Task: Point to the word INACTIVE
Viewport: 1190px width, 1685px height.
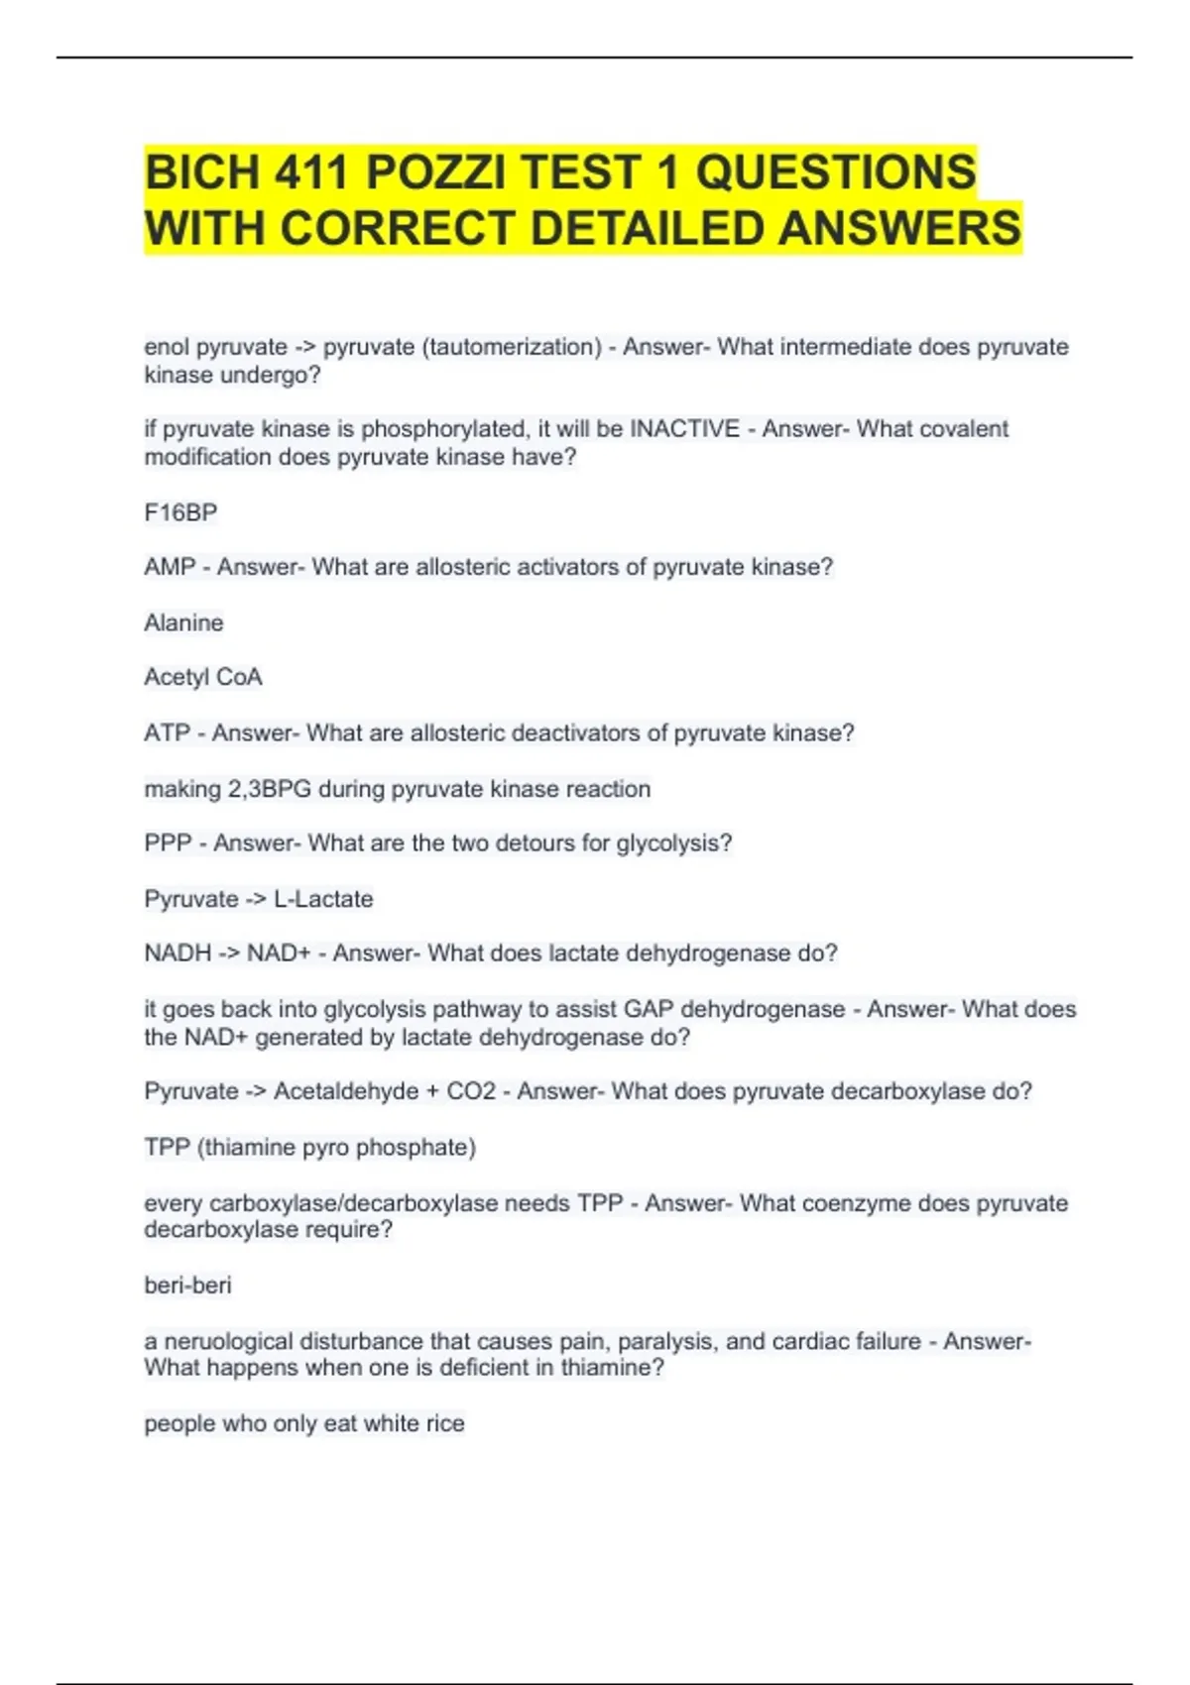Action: pos(685,429)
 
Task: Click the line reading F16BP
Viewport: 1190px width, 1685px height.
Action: pos(180,512)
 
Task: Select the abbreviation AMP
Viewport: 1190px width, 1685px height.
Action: pos(170,567)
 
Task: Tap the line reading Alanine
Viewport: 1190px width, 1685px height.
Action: pos(183,622)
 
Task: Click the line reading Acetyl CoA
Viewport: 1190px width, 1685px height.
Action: pos(203,677)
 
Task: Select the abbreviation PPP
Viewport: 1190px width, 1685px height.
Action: pos(168,843)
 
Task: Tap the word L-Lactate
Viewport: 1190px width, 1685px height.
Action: pos(323,899)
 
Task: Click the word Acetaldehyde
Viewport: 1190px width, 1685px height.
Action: pos(346,1091)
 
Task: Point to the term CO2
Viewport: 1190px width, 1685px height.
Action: pos(471,1091)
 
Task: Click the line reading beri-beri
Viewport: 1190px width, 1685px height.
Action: pos(187,1286)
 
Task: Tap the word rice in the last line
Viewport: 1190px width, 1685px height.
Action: pos(445,1423)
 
